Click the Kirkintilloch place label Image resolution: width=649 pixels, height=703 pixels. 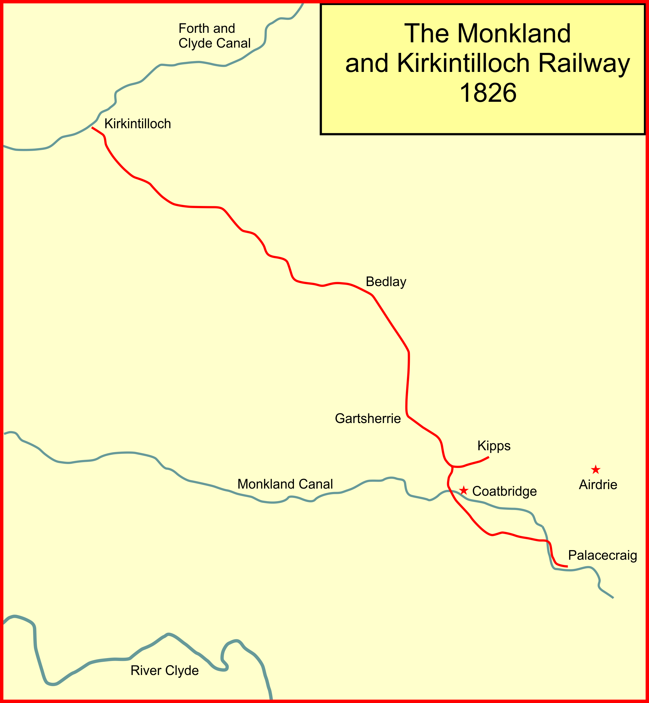[x=138, y=124]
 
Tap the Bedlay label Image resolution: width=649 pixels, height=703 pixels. [x=386, y=282]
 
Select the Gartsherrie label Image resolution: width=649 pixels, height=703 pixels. [x=368, y=419]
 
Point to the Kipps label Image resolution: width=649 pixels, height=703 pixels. [x=494, y=446]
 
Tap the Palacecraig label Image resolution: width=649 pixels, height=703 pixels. [x=603, y=555]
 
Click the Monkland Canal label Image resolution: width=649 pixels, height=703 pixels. [x=285, y=484]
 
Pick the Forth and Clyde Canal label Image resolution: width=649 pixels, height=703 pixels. [x=214, y=36]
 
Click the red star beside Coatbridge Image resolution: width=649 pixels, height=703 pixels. [x=464, y=490]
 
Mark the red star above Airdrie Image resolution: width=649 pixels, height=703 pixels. [x=596, y=470]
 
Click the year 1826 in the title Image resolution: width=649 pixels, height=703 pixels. [x=488, y=93]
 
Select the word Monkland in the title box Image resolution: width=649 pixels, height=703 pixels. [x=514, y=34]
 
